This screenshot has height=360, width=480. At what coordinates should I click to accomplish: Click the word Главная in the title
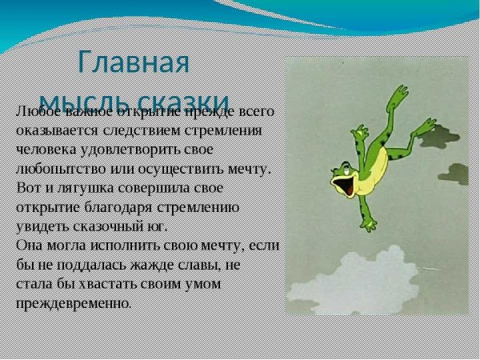pos(134,62)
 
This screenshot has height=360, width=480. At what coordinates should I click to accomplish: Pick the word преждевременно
pos(72,303)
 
